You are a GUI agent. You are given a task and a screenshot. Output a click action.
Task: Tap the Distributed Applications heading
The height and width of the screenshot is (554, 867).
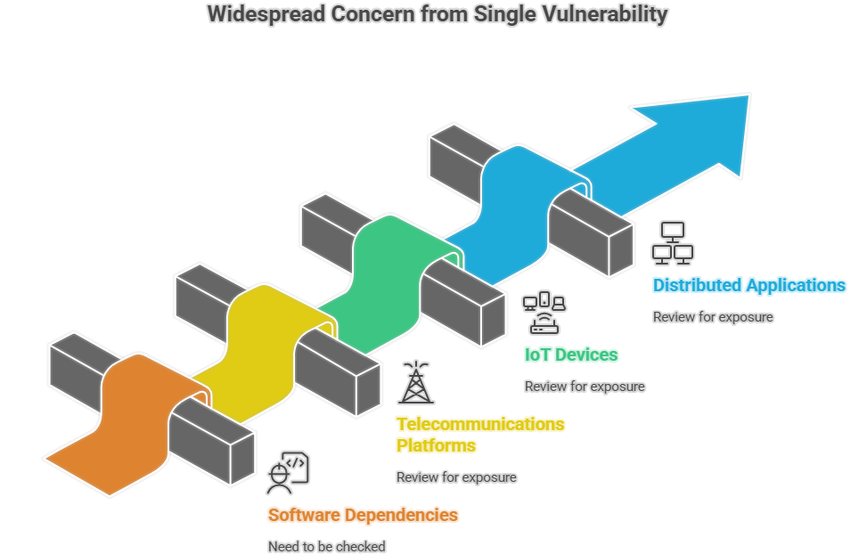click(748, 286)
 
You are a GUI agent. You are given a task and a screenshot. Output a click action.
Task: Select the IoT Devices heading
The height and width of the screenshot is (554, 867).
click(571, 354)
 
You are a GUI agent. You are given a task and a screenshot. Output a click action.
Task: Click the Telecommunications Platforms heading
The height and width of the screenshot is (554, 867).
click(480, 434)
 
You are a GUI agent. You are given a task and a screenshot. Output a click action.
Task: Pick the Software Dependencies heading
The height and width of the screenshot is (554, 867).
click(363, 515)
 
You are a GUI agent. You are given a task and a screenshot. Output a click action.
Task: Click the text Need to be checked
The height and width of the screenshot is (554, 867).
click(326, 546)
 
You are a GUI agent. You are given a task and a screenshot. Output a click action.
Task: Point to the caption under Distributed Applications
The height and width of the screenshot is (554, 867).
click(713, 317)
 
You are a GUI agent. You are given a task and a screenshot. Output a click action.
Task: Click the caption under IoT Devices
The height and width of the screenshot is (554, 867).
click(585, 387)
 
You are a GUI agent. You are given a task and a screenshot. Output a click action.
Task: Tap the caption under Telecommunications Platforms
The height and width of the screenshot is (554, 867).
click(456, 477)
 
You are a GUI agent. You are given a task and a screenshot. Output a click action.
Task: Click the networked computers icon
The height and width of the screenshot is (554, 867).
click(673, 243)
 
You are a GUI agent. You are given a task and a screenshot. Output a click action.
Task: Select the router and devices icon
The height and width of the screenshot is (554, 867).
click(544, 313)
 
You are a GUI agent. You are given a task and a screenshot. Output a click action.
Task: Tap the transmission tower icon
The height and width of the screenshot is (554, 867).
click(415, 383)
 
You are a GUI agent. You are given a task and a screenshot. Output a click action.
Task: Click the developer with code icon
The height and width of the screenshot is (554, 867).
click(287, 473)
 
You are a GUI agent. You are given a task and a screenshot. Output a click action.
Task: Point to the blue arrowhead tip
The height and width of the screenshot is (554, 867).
click(747, 97)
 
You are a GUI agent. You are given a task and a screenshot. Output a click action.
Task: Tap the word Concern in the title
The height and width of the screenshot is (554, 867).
click(373, 15)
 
